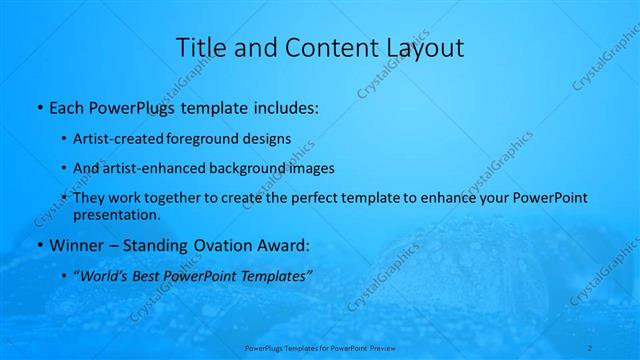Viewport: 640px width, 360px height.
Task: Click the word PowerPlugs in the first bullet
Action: (x=125, y=107)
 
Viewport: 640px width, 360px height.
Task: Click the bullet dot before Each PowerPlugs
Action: (x=38, y=108)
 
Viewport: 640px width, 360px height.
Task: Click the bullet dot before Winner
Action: (x=38, y=245)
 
